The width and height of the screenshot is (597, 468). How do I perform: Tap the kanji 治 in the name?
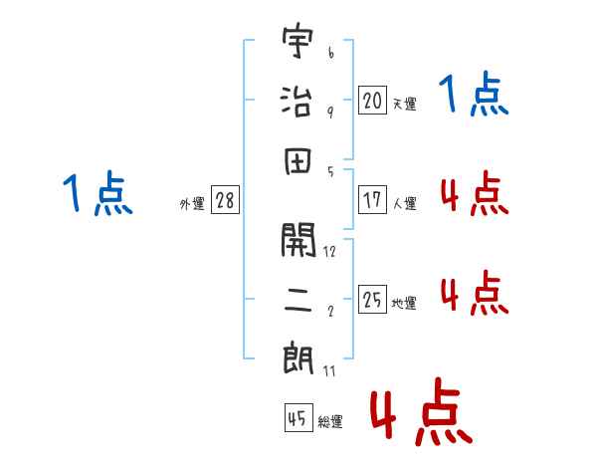pyautogui.click(x=298, y=101)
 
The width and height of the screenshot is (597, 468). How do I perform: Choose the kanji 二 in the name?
pyautogui.click(x=298, y=300)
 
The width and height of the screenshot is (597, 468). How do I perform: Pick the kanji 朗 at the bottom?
pyautogui.click(x=298, y=357)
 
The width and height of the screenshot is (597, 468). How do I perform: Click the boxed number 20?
pyautogui.click(x=371, y=100)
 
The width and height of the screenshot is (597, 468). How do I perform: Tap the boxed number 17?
pyautogui.click(x=371, y=199)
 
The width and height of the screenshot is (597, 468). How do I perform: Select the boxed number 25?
pyautogui.click(x=371, y=299)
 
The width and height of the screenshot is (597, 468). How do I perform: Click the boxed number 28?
pyautogui.click(x=225, y=200)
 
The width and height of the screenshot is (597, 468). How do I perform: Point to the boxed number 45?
pyautogui.click(x=298, y=418)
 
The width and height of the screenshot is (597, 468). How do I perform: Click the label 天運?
pyautogui.click(x=404, y=104)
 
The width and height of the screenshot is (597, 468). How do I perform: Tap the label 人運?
pyautogui.click(x=404, y=203)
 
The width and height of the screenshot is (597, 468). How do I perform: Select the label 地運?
pyautogui.click(x=404, y=303)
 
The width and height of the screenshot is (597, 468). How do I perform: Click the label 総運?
pyautogui.click(x=329, y=422)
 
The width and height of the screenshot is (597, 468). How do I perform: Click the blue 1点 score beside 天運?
pyautogui.click(x=474, y=96)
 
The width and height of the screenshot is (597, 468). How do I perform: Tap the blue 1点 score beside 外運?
pyautogui.click(x=97, y=194)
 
